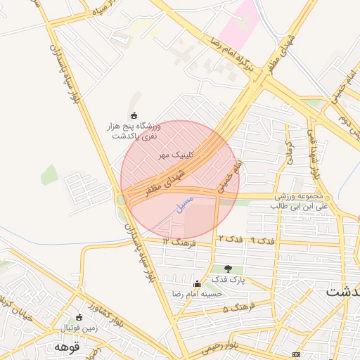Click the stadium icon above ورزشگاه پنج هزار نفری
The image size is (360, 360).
pos(134,115)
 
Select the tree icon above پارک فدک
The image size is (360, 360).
pos(227,268)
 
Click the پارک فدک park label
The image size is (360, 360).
pos(227,279)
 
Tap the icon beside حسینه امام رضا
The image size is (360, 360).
pos(196,284)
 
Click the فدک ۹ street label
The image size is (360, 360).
pos(262,240)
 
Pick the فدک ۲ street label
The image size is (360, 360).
pos(230,240)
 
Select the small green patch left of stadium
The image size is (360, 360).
pos(49,174)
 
